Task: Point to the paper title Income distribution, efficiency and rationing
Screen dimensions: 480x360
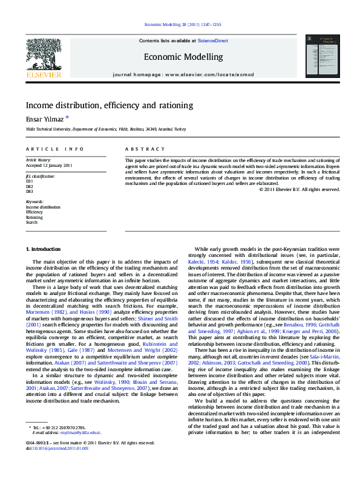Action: coord(109,105)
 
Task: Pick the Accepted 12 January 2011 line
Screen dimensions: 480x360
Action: coord(49,165)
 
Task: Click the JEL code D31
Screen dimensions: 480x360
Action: coord(29,181)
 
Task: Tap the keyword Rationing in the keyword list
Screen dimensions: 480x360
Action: coord(34,217)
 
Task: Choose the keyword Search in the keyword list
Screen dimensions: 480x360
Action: coord(31,222)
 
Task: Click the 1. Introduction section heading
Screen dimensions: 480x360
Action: coord(43,250)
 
